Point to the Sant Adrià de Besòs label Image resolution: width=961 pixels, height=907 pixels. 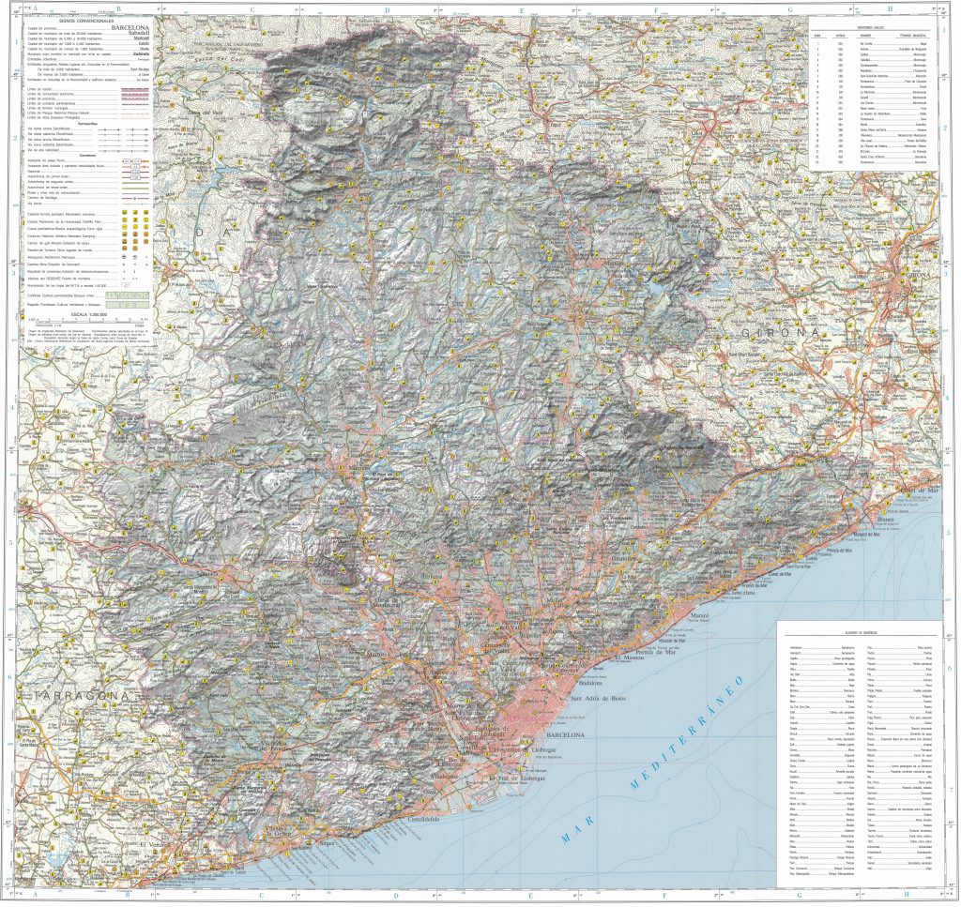(599, 699)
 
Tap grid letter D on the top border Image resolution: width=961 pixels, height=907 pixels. (387, 10)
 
